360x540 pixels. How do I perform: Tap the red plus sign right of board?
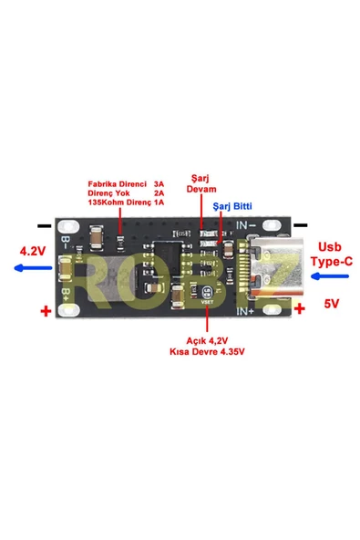(x=300, y=309)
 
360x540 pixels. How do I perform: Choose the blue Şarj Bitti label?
(x=232, y=207)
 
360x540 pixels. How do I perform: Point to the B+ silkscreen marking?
(x=67, y=296)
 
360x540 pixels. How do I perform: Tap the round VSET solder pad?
(x=207, y=293)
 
